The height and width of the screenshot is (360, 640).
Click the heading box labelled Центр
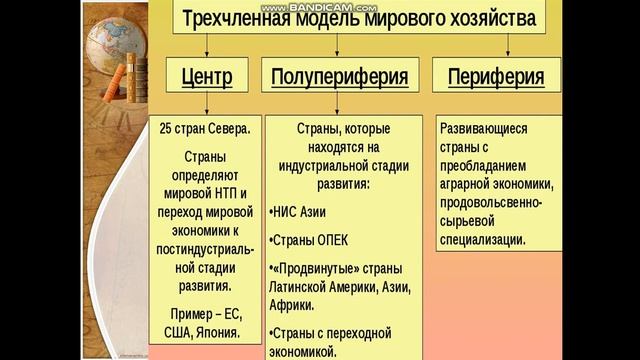tap(208, 75)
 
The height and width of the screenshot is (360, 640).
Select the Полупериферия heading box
tap(340, 75)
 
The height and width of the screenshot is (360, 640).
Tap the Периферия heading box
tap(496, 75)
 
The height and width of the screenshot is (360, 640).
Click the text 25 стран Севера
tap(205, 130)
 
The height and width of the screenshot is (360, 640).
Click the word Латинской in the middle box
tap(305, 287)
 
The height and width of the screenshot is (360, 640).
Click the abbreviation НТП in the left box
tap(232, 193)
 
